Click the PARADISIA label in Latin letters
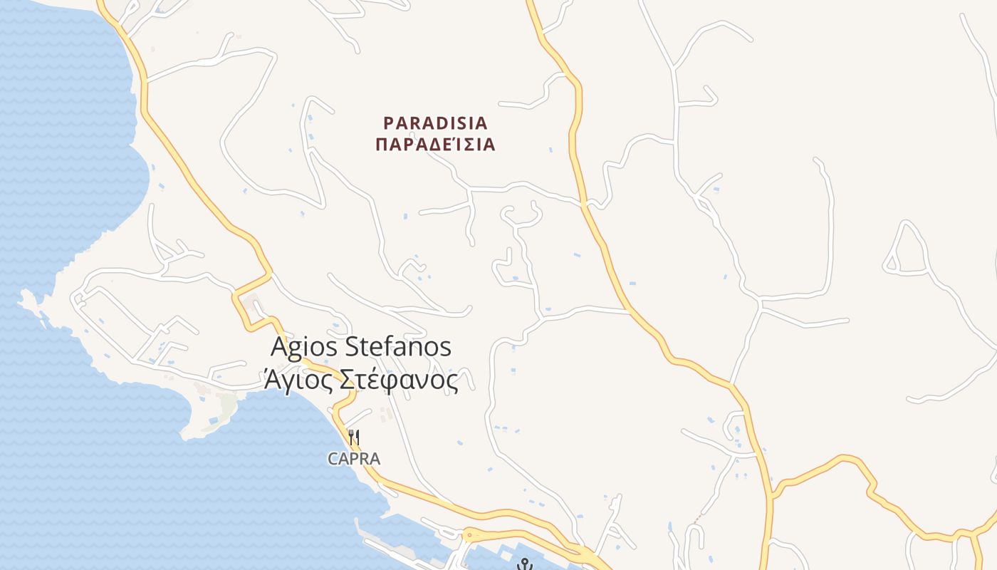click(x=435, y=123)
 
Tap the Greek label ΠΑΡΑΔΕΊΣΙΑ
click(x=435, y=145)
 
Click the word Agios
click(x=305, y=348)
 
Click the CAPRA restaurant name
click(x=354, y=460)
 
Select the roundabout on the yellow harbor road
click(x=471, y=534)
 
